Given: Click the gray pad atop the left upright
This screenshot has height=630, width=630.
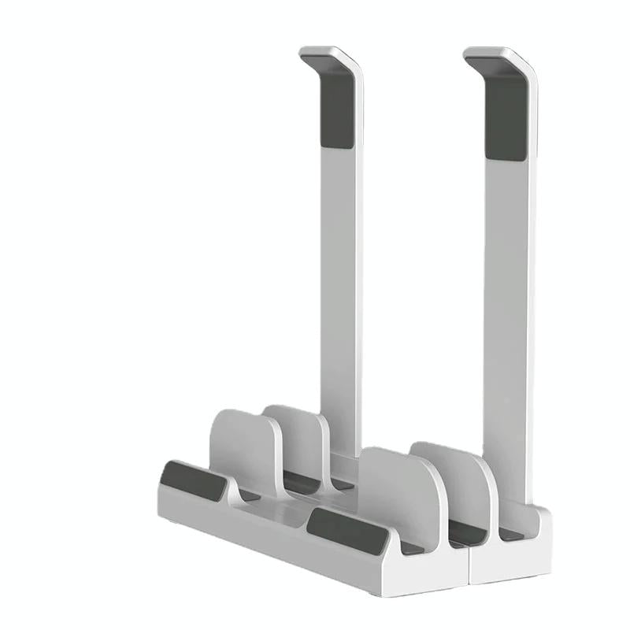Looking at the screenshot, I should [x=337, y=110].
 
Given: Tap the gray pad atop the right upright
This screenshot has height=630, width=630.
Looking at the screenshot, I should [x=505, y=110].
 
